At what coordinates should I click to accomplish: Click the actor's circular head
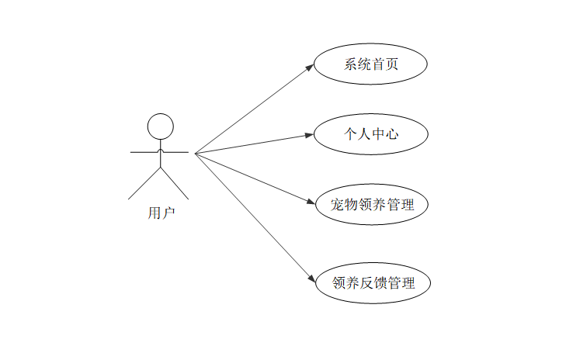(x=160, y=126)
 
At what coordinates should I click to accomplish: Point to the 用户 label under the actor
(x=162, y=213)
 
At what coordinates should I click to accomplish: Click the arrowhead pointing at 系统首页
(x=309, y=67)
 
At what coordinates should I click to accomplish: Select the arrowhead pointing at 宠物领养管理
(x=309, y=203)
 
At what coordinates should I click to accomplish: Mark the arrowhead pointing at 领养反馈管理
(x=310, y=279)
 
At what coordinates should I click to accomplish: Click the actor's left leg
(x=144, y=182)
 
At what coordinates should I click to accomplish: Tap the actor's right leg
(x=175, y=182)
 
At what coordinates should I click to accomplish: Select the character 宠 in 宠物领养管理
(x=327, y=206)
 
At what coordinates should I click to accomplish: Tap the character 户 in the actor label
(x=168, y=213)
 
